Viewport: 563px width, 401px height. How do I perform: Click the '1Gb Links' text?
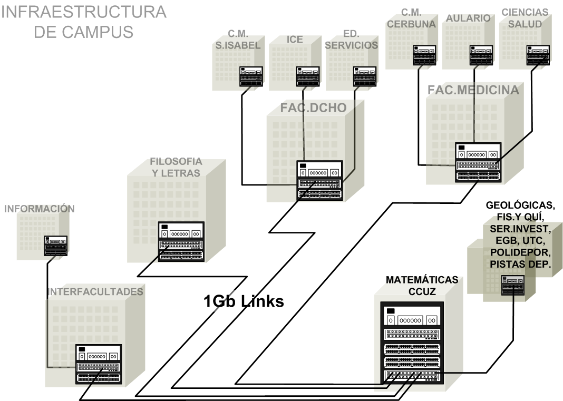244,301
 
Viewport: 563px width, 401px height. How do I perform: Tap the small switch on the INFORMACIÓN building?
55,246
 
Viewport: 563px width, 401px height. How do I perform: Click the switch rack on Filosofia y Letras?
181,241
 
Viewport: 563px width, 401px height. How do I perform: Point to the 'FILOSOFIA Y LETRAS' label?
176,167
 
